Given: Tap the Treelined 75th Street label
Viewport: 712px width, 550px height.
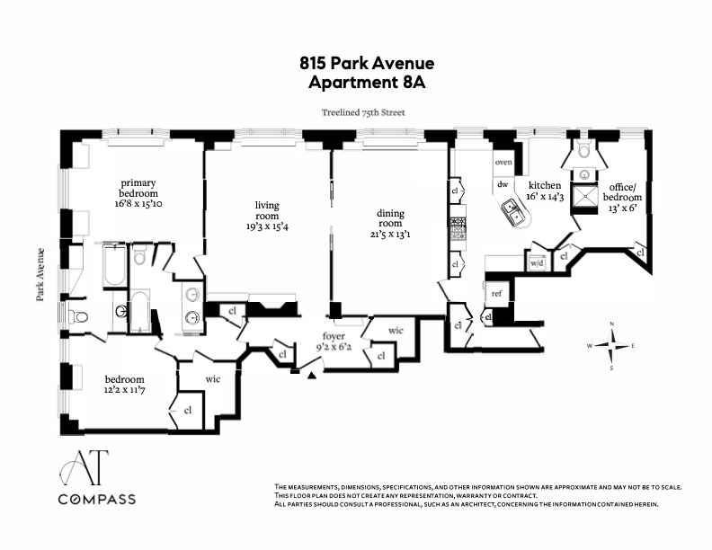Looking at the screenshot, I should tap(363, 113).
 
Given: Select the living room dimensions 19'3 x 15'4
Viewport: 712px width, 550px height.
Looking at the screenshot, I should tap(266, 226).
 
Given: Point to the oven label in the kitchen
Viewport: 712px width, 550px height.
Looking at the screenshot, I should tap(503, 163).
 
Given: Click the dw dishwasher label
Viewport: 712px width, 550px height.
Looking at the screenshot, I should tap(503, 185).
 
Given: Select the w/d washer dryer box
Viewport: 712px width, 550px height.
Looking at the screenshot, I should tap(538, 262).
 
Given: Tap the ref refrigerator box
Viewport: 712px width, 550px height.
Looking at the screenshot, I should tap(495, 293).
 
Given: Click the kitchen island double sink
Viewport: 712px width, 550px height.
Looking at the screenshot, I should tap(515, 214).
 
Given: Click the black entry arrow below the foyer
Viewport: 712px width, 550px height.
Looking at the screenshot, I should tap(312, 375).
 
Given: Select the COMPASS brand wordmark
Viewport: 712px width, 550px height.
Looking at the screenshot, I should tap(96, 499).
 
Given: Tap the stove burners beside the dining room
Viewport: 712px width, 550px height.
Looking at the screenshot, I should tap(458, 229).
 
